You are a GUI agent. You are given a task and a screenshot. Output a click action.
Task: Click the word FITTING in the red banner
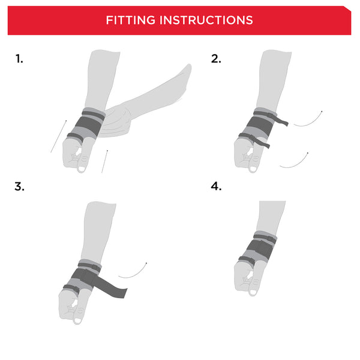[x=130, y=20]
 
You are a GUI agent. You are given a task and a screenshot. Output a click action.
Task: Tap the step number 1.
[x=19, y=59]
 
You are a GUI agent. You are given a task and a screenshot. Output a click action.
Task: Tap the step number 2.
[x=216, y=59]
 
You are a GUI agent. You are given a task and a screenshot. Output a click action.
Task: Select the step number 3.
[x=19, y=186]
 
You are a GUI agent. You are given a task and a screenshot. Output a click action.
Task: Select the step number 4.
[x=216, y=186]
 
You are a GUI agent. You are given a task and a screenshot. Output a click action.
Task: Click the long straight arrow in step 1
[x=58, y=136]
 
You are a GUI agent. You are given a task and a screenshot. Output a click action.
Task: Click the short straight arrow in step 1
[x=104, y=161]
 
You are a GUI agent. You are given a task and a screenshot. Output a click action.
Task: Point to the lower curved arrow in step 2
[x=294, y=161]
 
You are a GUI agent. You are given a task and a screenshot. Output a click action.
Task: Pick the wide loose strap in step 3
[x=114, y=287]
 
